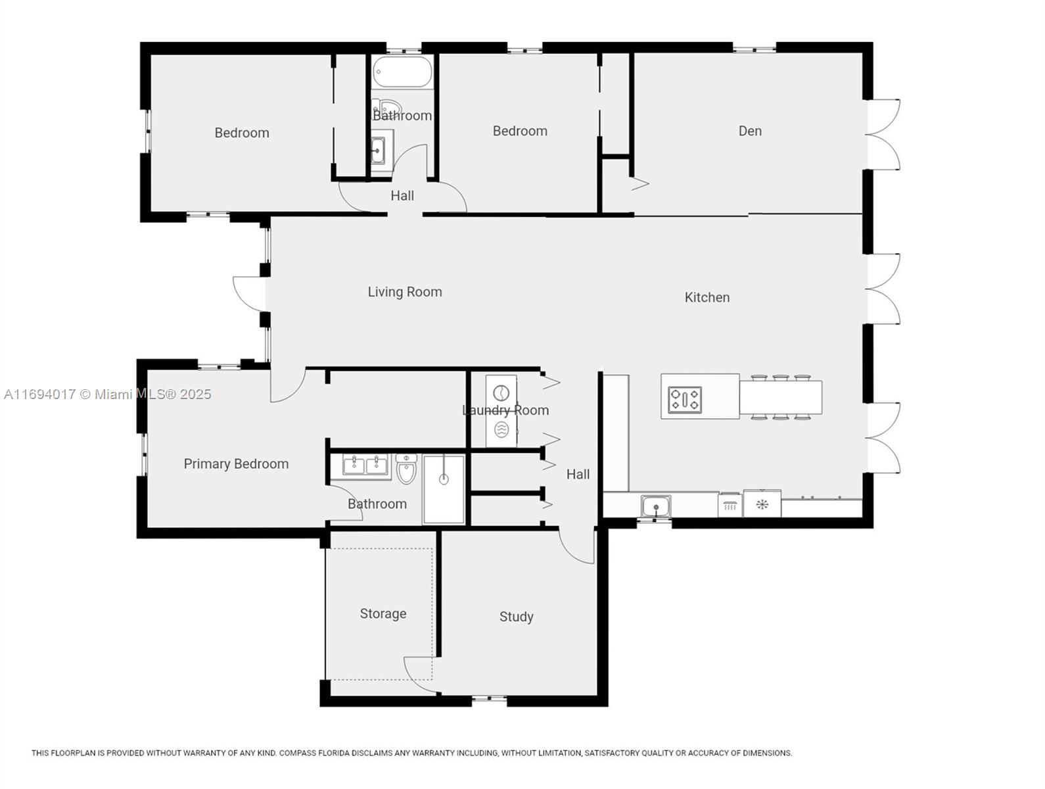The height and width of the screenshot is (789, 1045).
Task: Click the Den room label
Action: click(x=749, y=131)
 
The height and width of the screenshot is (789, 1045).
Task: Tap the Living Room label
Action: click(x=405, y=292)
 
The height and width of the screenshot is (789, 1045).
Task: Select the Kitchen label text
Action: click(x=707, y=298)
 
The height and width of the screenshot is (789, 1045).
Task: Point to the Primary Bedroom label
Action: click(x=236, y=464)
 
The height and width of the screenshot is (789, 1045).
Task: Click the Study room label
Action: click(x=516, y=617)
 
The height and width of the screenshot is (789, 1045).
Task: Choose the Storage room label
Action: click(x=383, y=613)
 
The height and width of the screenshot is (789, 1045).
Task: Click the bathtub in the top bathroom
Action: click(x=402, y=72)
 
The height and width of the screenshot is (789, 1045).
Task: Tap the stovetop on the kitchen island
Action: click(x=685, y=399)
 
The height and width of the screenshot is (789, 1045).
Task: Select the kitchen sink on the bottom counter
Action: click(x=655, y=507)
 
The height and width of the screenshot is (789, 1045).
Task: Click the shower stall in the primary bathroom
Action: click(x=444, y=489)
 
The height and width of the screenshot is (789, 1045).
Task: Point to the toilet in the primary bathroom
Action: click(x=406, y=468)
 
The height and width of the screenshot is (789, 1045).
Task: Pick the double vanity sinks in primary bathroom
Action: click(x=366, y=466)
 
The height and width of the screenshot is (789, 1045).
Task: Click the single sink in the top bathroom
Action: click(x=378, y=150)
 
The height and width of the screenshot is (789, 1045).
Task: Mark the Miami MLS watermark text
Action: click(x=108, y=394)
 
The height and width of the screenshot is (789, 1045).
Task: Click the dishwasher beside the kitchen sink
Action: click(x=730, y=506)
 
